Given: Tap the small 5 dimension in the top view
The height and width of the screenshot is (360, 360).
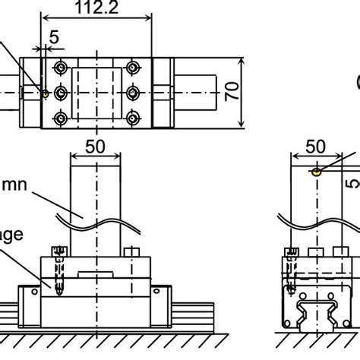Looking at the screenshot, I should coord(53,36).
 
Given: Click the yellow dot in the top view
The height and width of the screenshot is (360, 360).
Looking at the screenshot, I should coord(46,94).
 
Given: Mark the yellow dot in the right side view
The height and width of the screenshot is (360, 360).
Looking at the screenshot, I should coord(313,172).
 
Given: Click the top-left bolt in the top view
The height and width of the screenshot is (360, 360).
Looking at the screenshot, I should coord(60,66).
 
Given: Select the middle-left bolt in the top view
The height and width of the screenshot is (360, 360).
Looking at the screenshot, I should coord(60,93).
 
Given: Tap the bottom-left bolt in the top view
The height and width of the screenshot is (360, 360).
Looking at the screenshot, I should coord(60,119).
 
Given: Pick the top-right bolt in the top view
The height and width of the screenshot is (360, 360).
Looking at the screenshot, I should coord(134,66).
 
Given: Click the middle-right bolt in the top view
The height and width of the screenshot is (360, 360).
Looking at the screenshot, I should coord(134,93).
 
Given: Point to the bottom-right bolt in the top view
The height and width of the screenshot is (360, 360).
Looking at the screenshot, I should coord(134,119).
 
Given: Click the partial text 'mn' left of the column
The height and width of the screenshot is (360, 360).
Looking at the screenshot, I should coord(14,185).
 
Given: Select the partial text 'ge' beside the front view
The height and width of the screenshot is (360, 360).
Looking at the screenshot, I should coord(11,235).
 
